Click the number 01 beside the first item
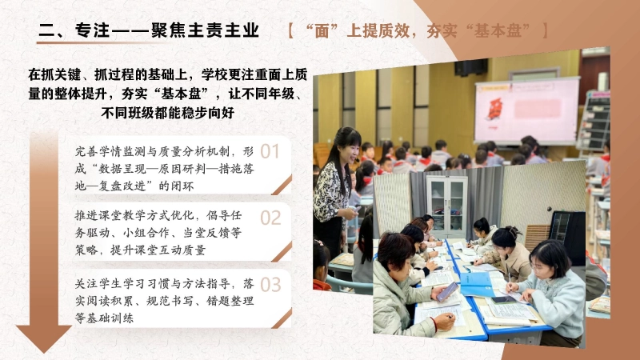tap(270, 151)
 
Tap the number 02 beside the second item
tap(270, 218)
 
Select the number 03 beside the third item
tap(270, 284)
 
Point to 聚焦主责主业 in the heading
tap(207, 31)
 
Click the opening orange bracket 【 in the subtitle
tap(290, 31)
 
